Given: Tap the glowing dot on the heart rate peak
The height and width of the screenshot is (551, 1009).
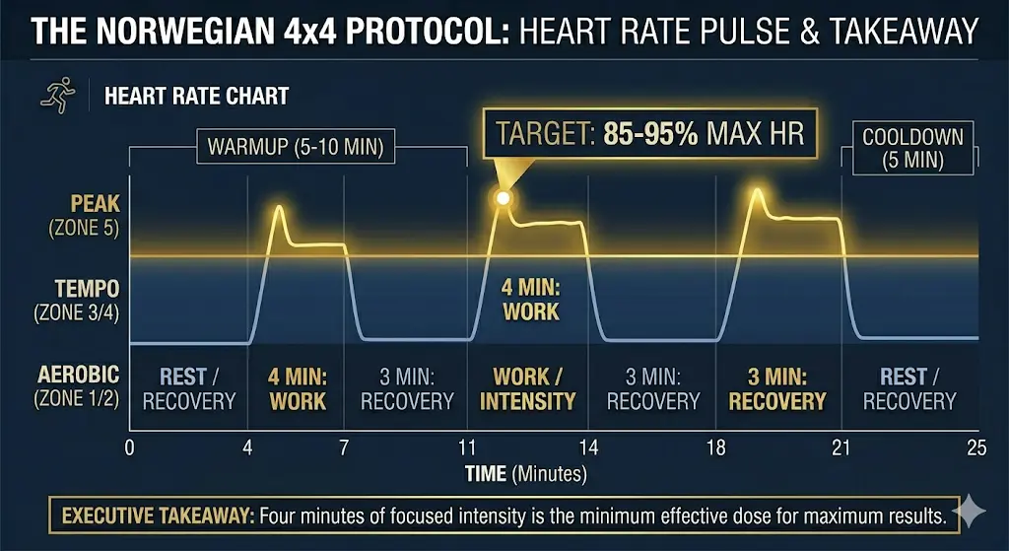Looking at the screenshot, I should pos(503,198).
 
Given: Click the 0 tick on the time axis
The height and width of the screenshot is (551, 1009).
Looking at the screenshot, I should pos(129,448).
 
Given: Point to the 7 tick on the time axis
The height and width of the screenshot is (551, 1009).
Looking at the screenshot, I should pos(344,448).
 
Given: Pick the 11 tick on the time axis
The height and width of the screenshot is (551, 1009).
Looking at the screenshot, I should pos(466,448).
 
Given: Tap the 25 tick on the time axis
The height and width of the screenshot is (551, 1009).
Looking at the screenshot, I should pos(975,448).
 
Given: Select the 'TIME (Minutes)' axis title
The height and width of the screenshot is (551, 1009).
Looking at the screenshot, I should pos(526,474).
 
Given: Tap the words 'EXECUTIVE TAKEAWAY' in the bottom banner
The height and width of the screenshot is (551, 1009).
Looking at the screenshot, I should pos(158,516).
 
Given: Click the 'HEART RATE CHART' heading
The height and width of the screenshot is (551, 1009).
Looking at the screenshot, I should pos(196,96).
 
